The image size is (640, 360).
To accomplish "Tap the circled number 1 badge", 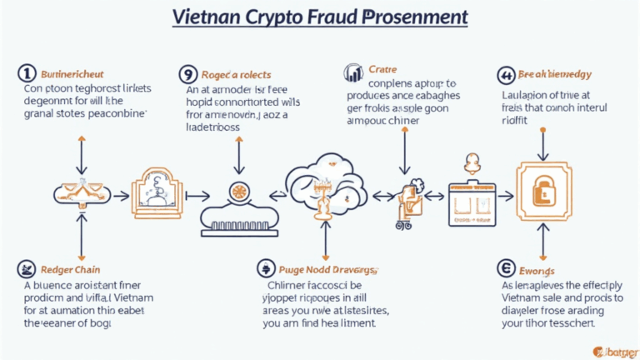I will [x=27, y=74].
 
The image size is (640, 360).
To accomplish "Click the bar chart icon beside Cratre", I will [x=353, y=74].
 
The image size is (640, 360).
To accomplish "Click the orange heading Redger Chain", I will [x=70, y=270].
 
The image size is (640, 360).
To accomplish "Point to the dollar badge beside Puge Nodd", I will [x=265, y=269].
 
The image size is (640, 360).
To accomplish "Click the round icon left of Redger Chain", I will [x=27, y=270].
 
